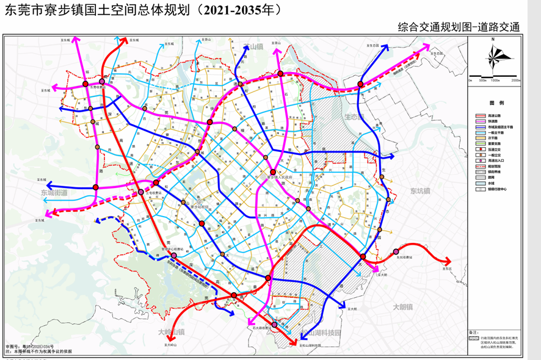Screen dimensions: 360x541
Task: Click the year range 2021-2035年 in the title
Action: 241,10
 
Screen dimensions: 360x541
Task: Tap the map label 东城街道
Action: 54,192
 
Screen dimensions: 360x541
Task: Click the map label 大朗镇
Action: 403,307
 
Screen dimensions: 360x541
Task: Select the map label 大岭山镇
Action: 171,331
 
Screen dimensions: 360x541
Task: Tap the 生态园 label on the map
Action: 354,116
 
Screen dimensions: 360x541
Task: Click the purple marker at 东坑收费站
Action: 396,252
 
